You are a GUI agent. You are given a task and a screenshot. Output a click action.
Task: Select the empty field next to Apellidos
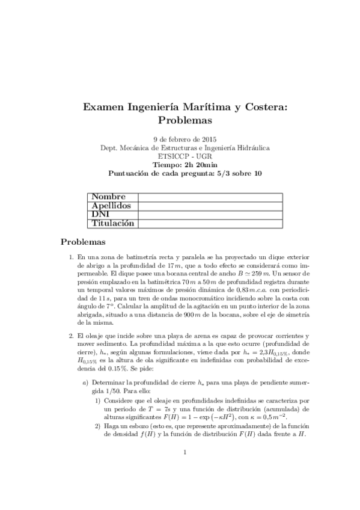point(210,206)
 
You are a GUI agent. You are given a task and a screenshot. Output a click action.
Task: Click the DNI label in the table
point(100,215)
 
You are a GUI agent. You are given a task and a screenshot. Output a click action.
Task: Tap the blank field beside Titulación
point(210,223)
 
